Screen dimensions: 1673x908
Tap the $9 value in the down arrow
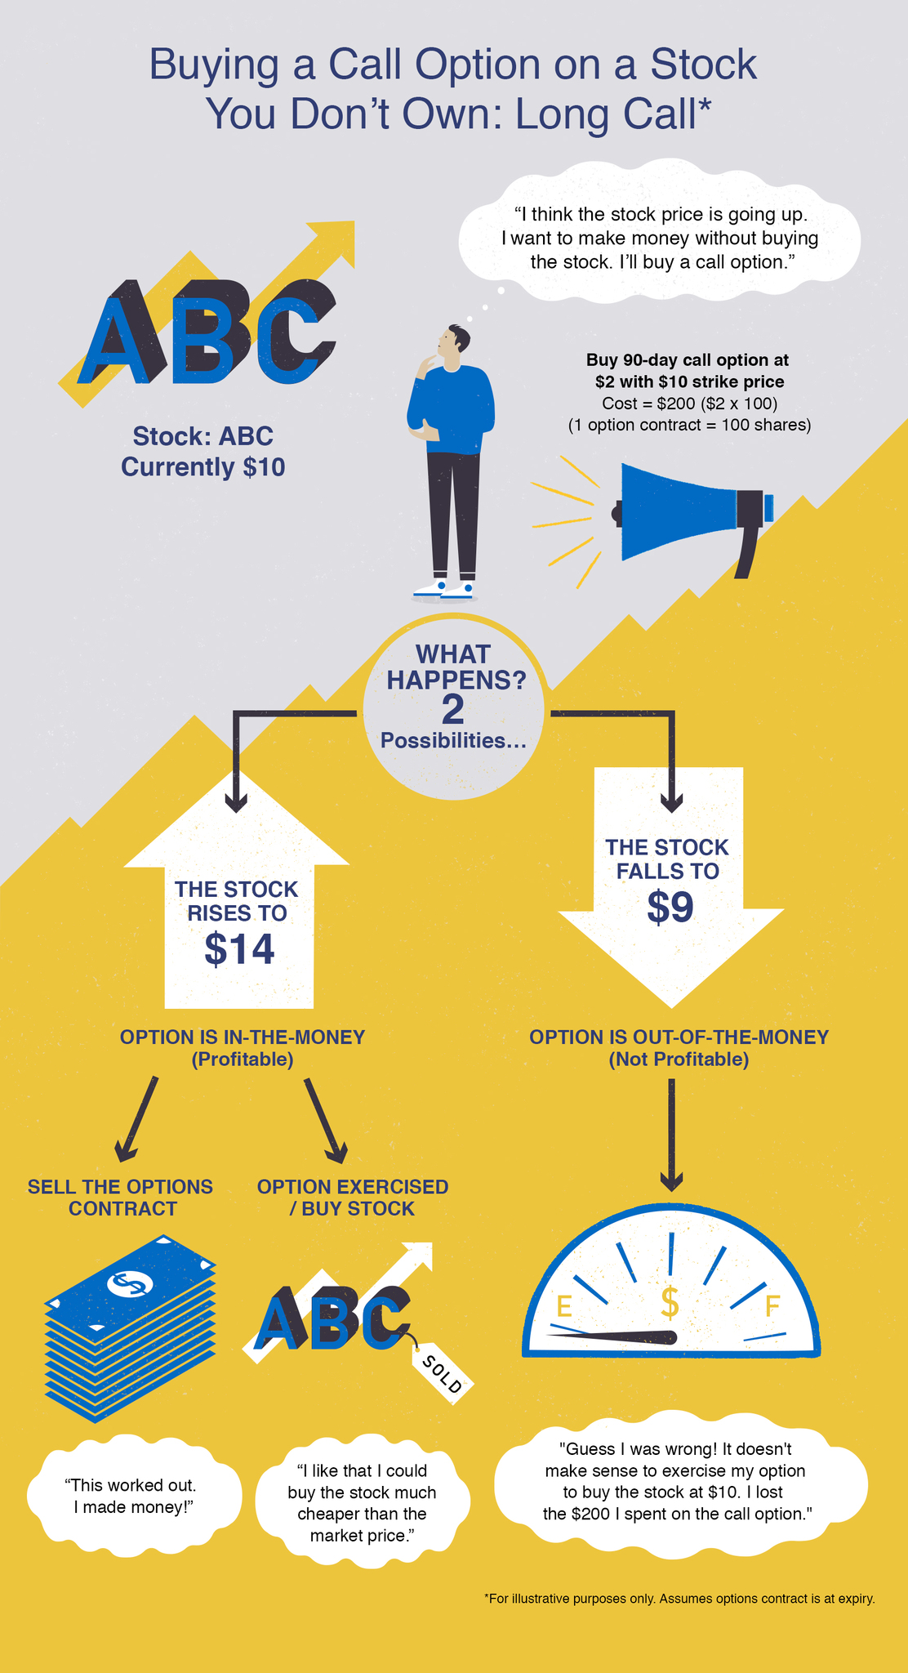[670, 907]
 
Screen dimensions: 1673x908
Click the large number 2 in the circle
[452, 710]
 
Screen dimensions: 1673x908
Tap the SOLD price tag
[442, 1374]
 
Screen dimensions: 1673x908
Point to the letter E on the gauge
[563, 1307]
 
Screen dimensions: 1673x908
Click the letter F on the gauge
[772, 1306]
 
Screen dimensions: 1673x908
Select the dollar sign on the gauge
[670, 1303]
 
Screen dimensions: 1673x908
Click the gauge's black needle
[621, 1337]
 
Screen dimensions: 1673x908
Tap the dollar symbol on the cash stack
[129, 1284]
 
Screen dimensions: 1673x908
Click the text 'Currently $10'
[203, 467]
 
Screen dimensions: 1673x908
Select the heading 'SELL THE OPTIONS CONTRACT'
[121, 1198]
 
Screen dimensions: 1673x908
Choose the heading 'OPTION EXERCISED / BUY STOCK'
[353, 1198]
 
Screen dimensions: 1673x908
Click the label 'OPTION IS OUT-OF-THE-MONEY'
[679, 1037]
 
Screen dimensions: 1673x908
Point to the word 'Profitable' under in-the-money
[242, 1060]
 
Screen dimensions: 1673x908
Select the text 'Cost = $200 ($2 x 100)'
[689, 404]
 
